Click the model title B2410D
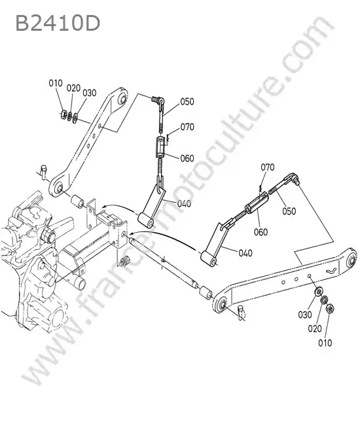(x=58, y=24)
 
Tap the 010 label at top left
(x=56, y=83)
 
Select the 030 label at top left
(x=90, y=93)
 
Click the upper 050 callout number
(x=187, y=101)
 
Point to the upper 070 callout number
(x=187, y=127)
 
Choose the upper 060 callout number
(x=187, y=158)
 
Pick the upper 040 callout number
(x=184, y=203)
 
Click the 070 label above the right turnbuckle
(x=268, y=167)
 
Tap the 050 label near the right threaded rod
(x=289, y=211)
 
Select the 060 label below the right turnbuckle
(x=261, y=232)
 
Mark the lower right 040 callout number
(x=245, y=253)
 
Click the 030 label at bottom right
(x=305, y=315)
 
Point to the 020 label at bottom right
(x=315, y=329)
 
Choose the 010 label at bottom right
(x=325, y=343)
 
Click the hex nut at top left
(x=63, y=114)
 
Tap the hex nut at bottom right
(x=330, y=309)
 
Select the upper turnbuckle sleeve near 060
(x=160, y=147)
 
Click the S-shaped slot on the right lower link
(x=331, y=271)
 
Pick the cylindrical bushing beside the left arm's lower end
(x=77, y=202)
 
